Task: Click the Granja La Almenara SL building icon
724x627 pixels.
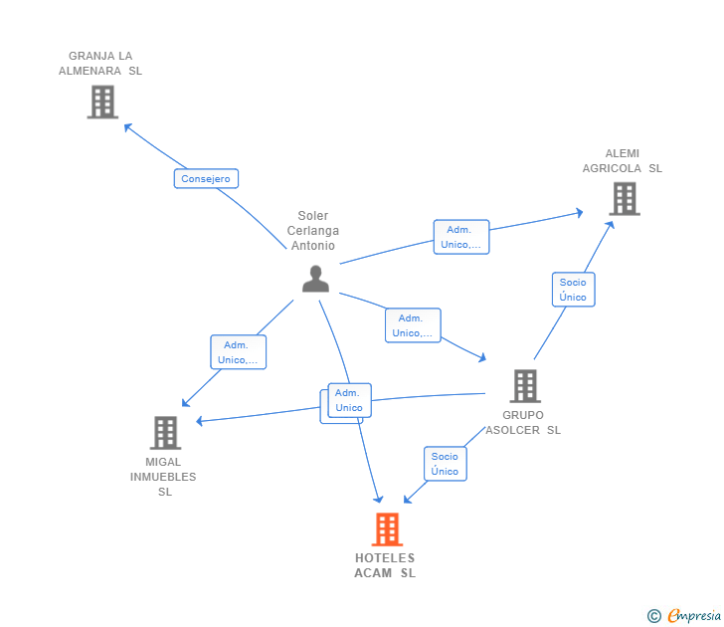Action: coord(102,102)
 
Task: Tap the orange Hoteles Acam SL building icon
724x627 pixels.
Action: coord(387,529)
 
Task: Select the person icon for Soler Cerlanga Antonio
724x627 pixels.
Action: coord(315,279)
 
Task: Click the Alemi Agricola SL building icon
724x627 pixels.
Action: coord(624,199)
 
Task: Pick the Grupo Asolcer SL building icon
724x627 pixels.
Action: coord(524,386)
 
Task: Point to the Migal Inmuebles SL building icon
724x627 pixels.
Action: coord(165,433)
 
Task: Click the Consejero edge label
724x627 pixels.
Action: coord(206,179)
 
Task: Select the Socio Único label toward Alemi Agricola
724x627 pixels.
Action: coord(573,290)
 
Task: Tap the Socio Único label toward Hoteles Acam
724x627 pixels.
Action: coord(445,464)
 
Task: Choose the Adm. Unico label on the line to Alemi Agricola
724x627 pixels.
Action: coord(461,237)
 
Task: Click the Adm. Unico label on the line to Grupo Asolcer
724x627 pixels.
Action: coord(413,325)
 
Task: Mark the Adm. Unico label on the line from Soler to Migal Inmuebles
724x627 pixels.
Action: coord(239,352)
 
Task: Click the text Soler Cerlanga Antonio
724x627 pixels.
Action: coord(312,231)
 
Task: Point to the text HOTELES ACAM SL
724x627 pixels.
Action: coord(385,565)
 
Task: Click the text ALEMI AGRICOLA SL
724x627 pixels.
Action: coord(623,161)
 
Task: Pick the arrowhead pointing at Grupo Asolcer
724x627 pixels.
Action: coord(482,358)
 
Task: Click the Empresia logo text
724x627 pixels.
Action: coord(693,616)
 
